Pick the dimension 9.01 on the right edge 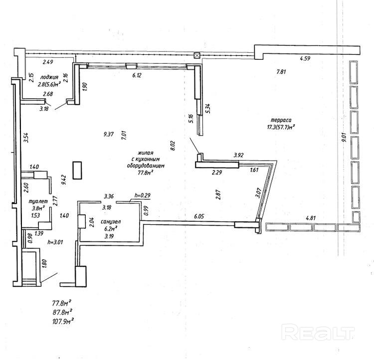tap(344, 137)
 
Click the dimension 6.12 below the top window tap(137, 75)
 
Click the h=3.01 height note tap(56, 243)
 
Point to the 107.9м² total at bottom tap(63, 320)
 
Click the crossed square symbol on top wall tap(197, 55)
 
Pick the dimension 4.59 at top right tap(305, 59)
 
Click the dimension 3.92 tap(238, 155)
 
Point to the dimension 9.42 tap(64, 180)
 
